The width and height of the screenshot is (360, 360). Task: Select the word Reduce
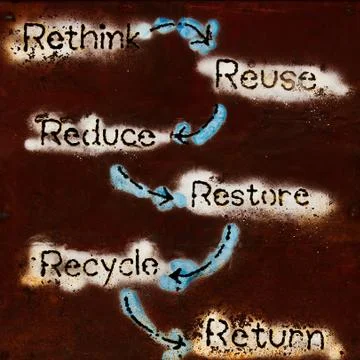[97, 133]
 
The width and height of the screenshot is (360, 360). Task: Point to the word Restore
[248, 194]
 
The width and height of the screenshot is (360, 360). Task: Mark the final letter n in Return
[312, 336]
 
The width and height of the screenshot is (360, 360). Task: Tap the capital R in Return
[217, 333]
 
